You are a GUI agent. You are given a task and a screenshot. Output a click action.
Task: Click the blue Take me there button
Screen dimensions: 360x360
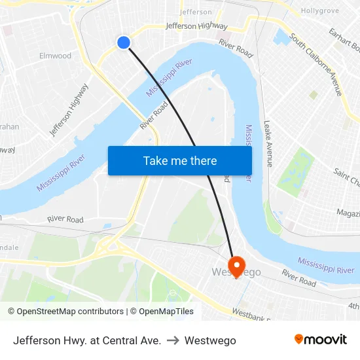[180, 160]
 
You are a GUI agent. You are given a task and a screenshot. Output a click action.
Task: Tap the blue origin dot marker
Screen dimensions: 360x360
[124, 43]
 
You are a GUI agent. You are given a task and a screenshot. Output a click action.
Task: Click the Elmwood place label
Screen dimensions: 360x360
[55, 56]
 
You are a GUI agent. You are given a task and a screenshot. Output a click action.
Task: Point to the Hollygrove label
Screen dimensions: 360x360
[319, 11]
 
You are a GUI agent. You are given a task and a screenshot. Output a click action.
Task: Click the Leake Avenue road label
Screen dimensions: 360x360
[268, 143]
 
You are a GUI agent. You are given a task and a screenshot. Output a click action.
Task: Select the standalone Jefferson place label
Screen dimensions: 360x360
[196, 12]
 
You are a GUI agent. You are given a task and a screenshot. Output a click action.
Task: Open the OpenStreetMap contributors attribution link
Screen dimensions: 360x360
[65, 312]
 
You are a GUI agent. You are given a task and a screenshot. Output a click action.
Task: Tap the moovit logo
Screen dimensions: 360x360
[320, 339]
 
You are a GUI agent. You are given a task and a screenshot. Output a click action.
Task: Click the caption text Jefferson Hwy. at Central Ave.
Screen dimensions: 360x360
[87, 340]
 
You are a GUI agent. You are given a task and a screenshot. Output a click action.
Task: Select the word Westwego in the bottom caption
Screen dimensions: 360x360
[210, 340]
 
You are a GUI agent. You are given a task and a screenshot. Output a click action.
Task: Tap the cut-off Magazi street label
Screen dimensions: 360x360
[348, 213]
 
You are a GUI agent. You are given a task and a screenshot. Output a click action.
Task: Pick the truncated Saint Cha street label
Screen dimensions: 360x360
[347, 176]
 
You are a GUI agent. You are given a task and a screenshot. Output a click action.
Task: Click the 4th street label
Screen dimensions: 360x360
[353, 306]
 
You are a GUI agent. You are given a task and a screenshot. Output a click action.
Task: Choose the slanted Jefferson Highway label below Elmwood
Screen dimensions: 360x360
[69, 110]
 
